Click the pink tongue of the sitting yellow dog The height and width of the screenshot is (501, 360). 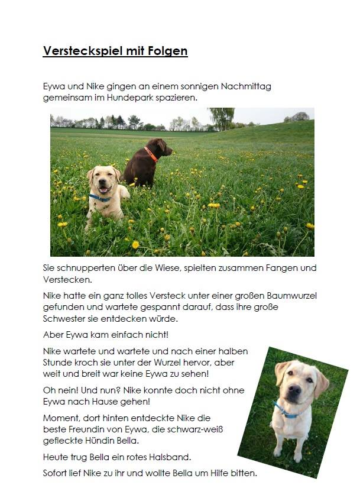(105, 190)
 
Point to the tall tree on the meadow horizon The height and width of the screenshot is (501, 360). (222, 117)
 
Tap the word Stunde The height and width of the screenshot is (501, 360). (58, 362)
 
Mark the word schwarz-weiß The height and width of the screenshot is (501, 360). (197, 429)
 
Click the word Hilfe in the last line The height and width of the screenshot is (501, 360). (218, 473)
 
